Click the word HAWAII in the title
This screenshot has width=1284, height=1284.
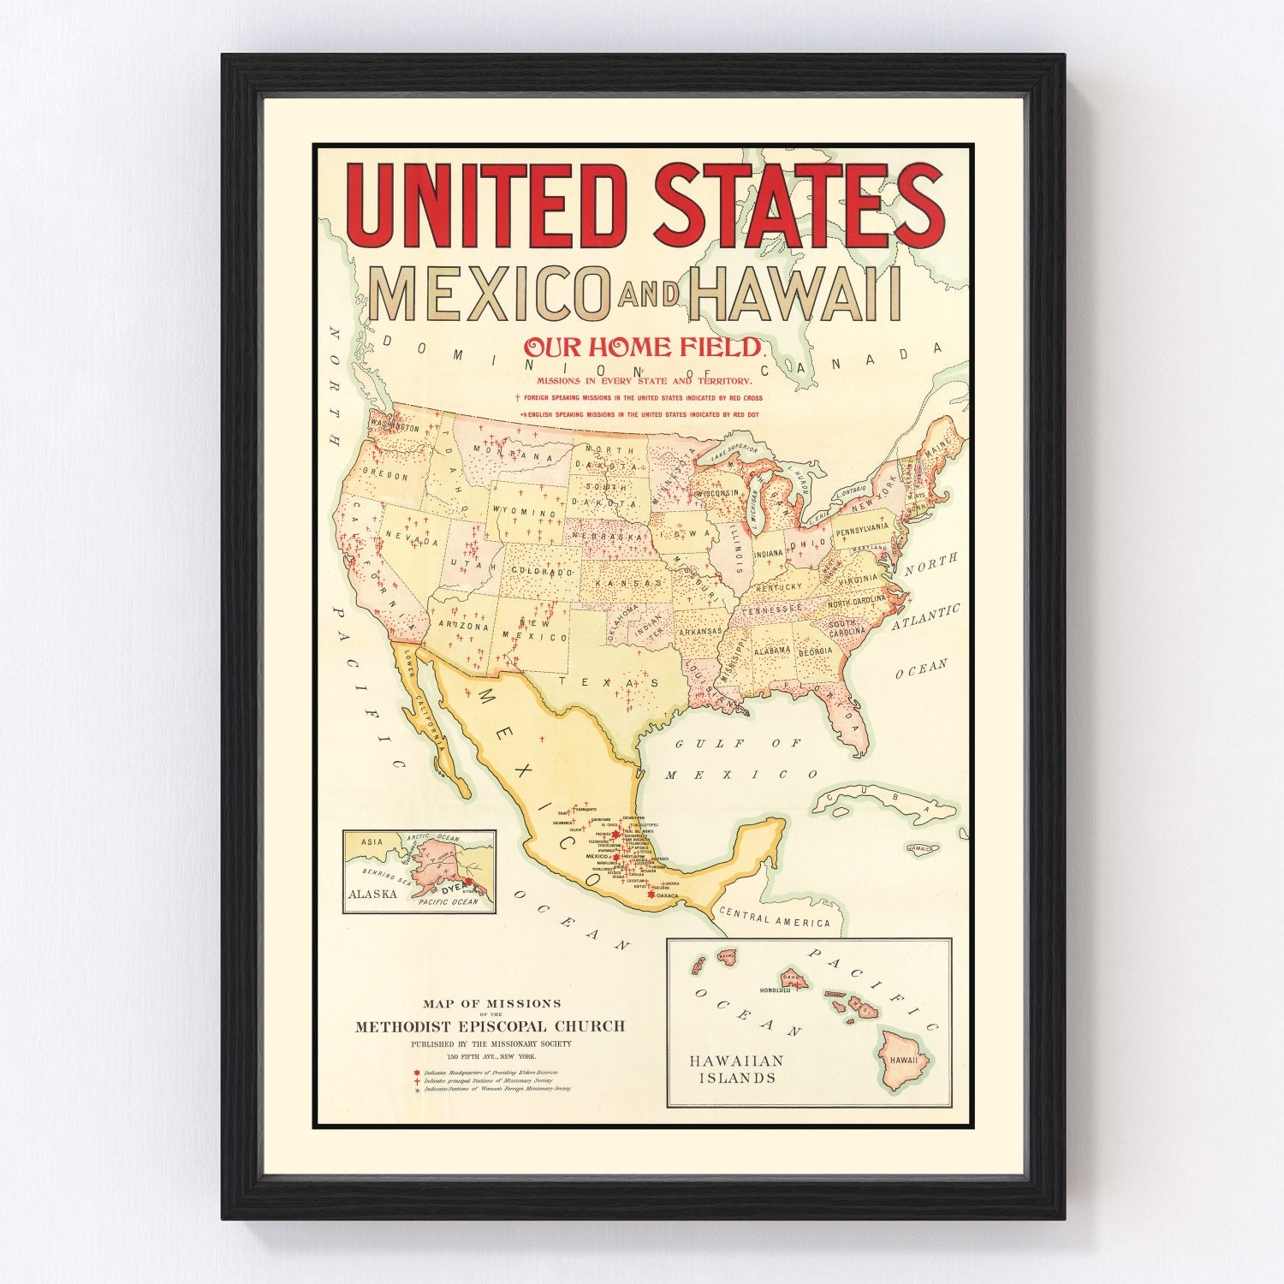click(x=795, y=294)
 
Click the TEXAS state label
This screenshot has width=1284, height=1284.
click(x=609, y=682)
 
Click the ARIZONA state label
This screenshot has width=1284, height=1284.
click(x=463, y=626)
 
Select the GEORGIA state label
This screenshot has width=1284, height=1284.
click(x=814, y=651)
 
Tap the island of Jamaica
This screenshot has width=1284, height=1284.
click(x=920, y=849)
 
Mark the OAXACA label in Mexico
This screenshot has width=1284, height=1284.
click(x=667, y=895)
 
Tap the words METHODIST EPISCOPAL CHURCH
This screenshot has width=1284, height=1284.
click(x=490, y=1026)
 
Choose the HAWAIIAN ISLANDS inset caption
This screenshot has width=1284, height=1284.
click(x=736, y=1069)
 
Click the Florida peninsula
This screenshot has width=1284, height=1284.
click(x=851, y=715)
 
